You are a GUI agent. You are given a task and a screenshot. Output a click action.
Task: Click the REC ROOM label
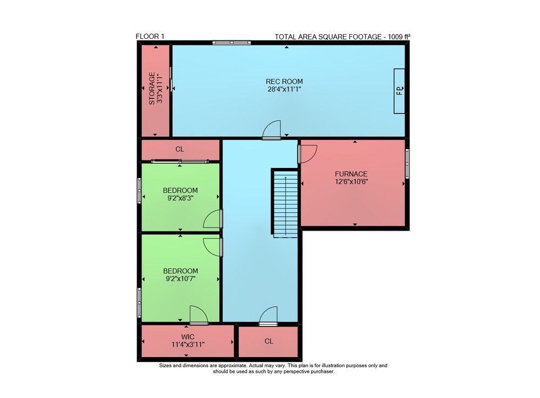point(284,82)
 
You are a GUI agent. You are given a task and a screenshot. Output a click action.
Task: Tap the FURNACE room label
point(351,174)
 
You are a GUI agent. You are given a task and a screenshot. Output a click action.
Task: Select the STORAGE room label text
point(152,89)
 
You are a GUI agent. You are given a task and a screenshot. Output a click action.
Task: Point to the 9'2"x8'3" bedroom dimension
point(180,198)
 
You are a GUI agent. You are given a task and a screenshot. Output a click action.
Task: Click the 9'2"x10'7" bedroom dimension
point(180,279)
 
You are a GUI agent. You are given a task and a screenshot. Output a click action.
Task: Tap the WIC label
point(188,337)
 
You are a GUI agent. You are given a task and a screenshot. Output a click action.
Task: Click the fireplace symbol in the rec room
point(400,91)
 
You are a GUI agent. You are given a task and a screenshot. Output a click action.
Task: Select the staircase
point(285,203)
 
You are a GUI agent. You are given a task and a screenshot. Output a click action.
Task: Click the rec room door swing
point(272,130)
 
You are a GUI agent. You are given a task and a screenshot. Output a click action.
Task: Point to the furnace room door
point(308,154)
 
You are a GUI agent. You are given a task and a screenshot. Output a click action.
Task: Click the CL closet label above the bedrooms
point(180,149)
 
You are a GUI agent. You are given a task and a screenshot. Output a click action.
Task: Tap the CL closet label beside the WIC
point(269,341)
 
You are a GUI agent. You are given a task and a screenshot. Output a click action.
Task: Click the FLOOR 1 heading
point(150,37)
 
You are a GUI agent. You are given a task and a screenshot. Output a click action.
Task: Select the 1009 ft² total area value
point(399,37)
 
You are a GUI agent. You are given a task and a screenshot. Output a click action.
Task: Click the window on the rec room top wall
point(232,43)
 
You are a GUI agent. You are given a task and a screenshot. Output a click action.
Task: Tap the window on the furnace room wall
point(407,164)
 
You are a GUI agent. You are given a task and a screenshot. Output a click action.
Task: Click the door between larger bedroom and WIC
point(199,315)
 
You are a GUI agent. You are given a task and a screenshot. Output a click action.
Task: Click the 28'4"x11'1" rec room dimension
point(285,89)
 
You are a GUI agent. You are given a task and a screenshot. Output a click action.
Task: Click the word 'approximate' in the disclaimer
point(232,366)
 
